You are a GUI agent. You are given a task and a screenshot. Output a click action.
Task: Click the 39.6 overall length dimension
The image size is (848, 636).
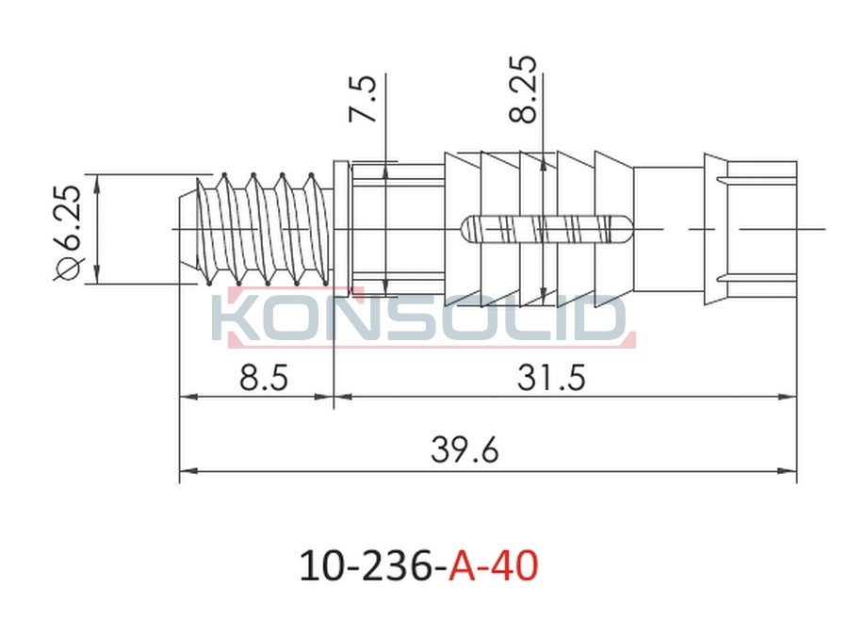465,450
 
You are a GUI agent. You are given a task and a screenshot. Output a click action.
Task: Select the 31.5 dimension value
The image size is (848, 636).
551,377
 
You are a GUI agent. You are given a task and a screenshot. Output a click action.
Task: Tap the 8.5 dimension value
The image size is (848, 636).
264,377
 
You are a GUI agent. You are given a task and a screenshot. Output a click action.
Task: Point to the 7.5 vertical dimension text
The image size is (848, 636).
363,98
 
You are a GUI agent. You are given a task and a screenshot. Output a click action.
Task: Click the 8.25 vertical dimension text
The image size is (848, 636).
523,89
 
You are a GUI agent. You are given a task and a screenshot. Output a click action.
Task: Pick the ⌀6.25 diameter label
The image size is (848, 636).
68,234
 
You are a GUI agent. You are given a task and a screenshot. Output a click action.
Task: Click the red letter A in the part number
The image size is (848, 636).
463,565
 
